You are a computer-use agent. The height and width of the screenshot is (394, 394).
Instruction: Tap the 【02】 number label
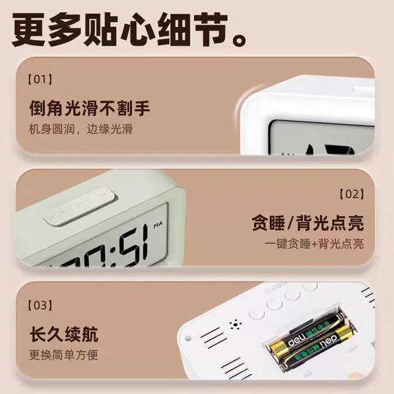pyautogui.click(x=351, y=194)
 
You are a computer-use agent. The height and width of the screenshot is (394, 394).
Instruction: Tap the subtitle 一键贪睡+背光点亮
pyautogui.click(x=314, y=244)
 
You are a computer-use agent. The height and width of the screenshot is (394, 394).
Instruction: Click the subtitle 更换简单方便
pyautogui.click(x=63, y=356)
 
